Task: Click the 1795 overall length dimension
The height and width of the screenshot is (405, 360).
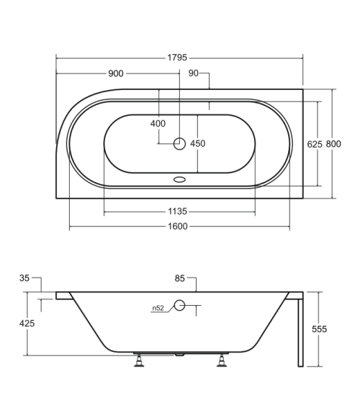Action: [x=177, y=58]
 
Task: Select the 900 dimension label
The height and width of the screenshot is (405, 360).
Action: [x=116, y=73]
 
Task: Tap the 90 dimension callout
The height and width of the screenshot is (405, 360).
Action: [x=193, y=73]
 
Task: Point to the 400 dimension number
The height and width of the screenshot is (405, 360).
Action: [x=158, y=124]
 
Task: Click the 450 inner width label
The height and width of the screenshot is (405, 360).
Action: [x=198, y=143]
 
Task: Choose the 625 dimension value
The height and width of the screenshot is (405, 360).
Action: [x=315, y=144]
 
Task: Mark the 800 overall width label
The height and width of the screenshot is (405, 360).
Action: [x=333, y=144]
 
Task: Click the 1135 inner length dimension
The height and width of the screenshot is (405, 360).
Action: [x=177, y=211]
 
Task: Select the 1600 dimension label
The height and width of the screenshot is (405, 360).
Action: [x=178, y=227]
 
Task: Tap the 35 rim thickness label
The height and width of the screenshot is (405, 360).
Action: [x=24, y=278]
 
